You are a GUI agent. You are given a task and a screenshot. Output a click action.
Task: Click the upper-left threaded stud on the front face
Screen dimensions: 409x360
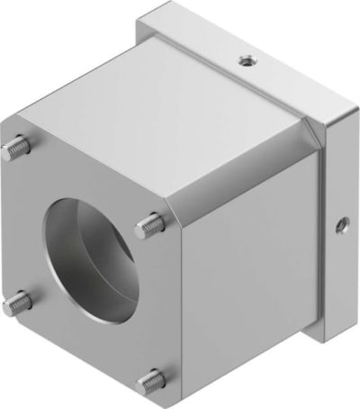pyautogui.click(x=19, y=147)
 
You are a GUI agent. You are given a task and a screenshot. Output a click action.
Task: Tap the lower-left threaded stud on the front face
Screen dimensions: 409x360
pyautogui.click(x=16, y=304)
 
